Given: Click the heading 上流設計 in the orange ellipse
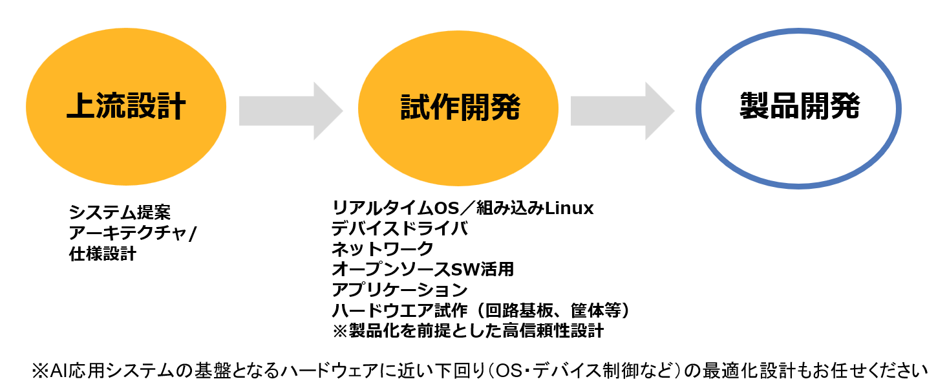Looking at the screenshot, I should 126,107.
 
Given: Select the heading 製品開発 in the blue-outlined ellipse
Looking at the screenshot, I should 799,106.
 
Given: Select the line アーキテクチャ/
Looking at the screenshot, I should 132,233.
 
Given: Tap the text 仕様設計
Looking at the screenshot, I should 103,254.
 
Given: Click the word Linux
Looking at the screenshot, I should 569,209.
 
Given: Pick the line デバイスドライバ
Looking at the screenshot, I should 399,229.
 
